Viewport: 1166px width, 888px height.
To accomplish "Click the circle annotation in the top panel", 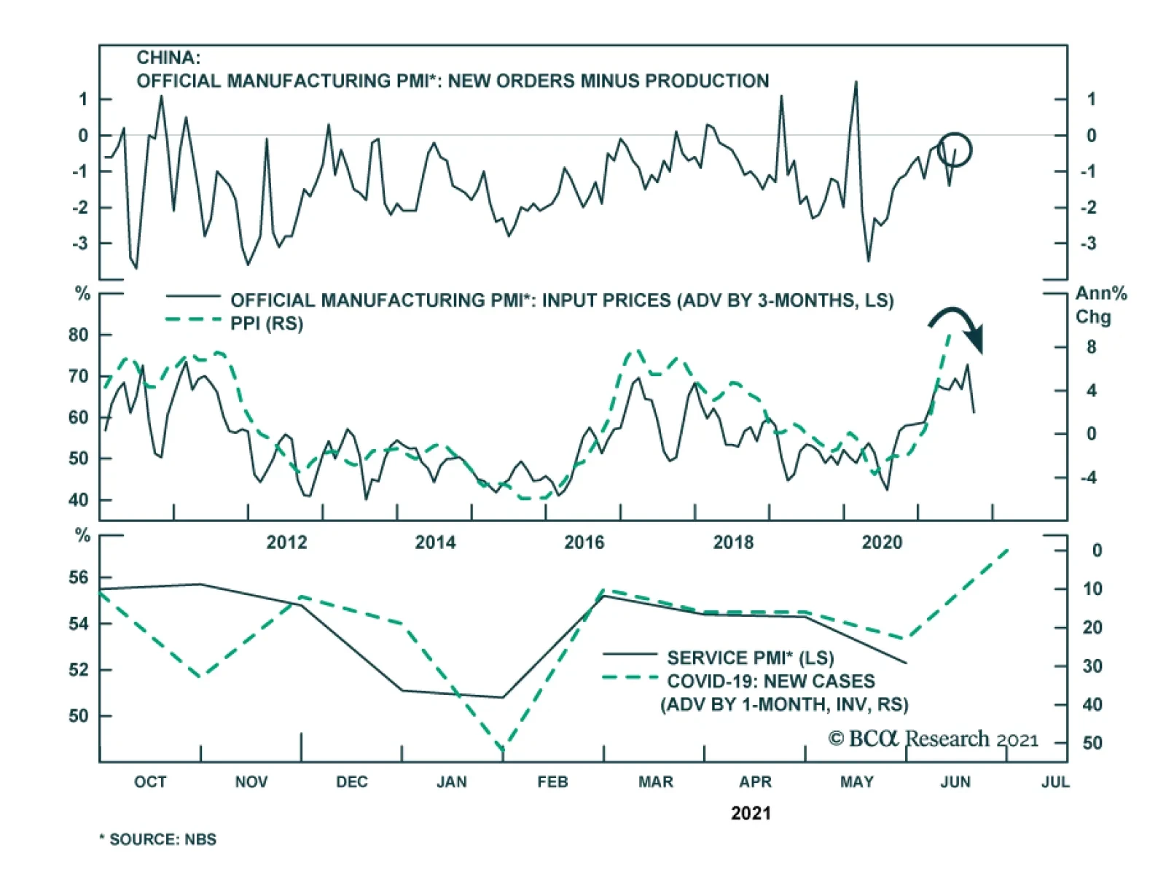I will coord(954,149).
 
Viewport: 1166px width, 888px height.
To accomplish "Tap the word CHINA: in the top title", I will coord(168,58).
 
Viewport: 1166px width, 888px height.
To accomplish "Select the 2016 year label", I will coord(584,542).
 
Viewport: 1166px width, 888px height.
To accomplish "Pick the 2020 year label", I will coord(882,542).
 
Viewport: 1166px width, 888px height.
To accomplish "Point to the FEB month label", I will coord(552,782).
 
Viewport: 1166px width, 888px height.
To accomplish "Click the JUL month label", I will coord(1055,782).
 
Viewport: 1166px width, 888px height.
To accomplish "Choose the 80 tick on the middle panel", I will coord(78,335).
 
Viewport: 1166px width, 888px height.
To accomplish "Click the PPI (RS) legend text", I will coord(267,324).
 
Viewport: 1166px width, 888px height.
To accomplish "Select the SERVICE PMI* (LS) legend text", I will coord(751,658).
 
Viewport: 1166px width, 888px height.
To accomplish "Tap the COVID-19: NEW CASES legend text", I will coord(771,682).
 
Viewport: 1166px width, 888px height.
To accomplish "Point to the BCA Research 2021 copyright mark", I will coord(934,739).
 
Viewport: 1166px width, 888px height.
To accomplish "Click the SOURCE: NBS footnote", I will coord(158,840).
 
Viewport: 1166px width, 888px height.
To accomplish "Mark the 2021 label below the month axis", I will coord(751,814).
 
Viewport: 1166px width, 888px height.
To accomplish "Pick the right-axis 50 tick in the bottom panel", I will coord(1092,744).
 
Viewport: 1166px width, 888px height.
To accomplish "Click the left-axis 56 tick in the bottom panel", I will coord(78,578).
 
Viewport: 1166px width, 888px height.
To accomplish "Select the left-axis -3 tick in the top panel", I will coord(80,244).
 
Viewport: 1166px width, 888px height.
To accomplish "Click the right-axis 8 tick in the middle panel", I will coord(1091,348).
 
